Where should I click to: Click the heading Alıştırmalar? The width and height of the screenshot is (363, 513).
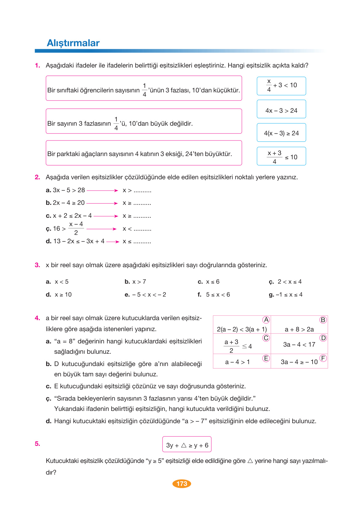73,43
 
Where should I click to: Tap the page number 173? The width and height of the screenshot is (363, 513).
182,484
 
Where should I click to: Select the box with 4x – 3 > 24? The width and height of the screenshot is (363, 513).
281,110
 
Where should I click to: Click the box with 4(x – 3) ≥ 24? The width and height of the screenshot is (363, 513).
281,133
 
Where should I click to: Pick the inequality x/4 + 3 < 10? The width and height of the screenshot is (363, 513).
281,86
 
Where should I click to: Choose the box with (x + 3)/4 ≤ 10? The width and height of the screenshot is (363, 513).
281,157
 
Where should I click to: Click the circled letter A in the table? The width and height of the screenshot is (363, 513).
266,320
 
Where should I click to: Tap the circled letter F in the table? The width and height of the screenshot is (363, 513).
323,358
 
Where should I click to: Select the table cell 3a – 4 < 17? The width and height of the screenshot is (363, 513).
299,345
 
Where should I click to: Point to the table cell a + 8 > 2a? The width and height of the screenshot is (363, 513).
299,329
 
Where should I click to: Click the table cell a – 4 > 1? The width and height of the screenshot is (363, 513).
238,362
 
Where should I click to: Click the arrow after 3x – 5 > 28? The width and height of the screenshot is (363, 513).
102,191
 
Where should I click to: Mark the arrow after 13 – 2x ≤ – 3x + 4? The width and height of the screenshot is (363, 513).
113,242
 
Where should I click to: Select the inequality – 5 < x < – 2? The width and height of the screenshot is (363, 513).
149,295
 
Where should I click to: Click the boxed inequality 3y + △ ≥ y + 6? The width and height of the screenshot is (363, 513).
187,445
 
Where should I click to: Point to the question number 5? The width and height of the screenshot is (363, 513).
37,444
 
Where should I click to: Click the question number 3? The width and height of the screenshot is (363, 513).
37,265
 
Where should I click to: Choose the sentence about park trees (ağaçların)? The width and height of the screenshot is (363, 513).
140,154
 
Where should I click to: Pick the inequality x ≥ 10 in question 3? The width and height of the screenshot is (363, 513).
63,295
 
